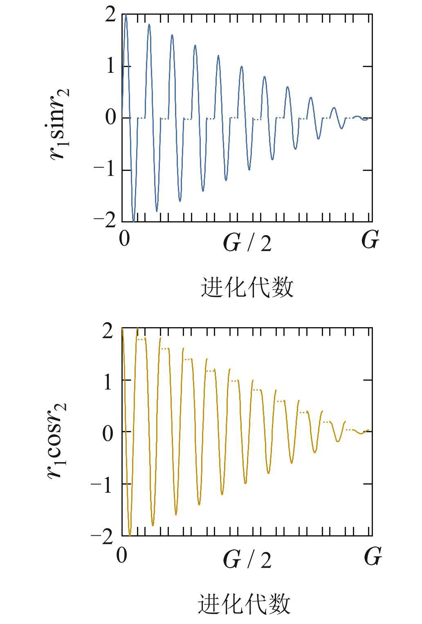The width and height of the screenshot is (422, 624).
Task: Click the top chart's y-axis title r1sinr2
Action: pos(60,123)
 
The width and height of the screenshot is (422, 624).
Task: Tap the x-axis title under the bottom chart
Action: pos(245,604)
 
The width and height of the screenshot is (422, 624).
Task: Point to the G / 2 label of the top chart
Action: pos(247,243)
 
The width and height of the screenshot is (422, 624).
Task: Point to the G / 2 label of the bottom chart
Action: pos(247,559)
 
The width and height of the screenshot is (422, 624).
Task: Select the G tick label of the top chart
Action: pos(370,240)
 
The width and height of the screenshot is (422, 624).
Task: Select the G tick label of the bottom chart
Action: pos(373,557)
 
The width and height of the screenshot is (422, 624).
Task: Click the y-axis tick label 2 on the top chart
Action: pos(110,15)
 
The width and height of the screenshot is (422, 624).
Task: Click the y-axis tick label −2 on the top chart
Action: pos(105,221)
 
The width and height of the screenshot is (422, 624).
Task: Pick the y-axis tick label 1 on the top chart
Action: pos(110,66)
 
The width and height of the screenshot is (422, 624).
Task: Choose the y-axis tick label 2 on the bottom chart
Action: pos(108,330)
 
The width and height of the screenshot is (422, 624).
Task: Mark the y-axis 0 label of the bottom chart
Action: pos(108,433)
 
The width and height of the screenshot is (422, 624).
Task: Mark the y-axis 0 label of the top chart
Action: pos(111,118)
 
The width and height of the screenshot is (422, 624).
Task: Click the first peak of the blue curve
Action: pos(126,15)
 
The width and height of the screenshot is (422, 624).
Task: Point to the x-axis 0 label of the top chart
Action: pos(124,238)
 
